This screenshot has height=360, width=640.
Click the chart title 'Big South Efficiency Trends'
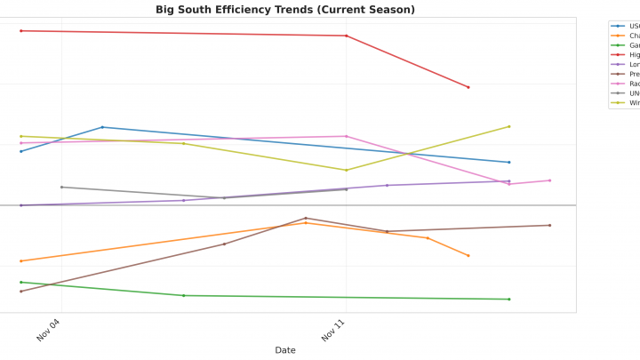[x=284, y=10]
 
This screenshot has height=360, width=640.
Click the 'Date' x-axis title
[x=284, y=350]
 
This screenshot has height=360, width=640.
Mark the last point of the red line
[x=468, y=87]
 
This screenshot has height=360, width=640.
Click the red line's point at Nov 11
[x=346, y=36]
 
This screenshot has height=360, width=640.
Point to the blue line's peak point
[x=102, y=127]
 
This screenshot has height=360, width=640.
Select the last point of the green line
[x=508, y=299]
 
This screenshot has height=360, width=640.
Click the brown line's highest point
[x=306, y=218]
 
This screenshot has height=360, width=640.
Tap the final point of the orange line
[x=468, y=256]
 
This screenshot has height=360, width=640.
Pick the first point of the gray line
[x=61, y=187]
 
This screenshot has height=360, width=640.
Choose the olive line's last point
[x=508, y=126]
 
